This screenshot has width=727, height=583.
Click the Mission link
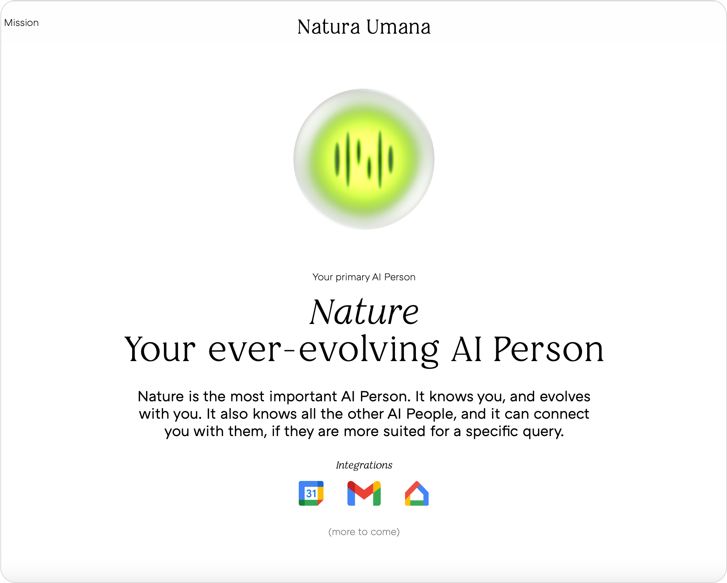(21, 23)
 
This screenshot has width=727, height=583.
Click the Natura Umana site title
(364, 27)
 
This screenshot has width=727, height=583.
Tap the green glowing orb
(364, 159)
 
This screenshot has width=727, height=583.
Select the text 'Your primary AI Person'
(364, 277)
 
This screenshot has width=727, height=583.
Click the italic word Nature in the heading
(364, 312)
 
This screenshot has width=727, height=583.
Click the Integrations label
(364, 465)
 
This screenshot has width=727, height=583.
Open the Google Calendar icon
(311, 493)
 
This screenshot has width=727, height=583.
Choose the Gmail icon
(364, 493)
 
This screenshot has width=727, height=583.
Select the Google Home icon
(417, 493)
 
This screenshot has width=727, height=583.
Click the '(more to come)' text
(364, 532)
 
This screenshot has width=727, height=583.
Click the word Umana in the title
(398, 27)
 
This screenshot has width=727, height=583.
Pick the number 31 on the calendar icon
(311, 494)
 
